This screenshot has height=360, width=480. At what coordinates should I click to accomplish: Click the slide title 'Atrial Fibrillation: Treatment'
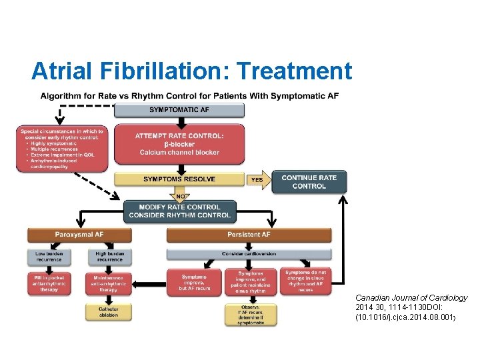pyautogui.click(x=191, y=70)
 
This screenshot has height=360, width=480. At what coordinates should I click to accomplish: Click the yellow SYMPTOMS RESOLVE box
pyautogui.click(x=179, y=179)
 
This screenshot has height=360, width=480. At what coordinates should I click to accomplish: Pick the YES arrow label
pyautogui.click(x=257, y=179)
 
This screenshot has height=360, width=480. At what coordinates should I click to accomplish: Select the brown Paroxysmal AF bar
pyautogui.click(x=79, y=235)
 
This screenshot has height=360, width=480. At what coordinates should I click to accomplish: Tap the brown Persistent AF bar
pyautogui.click(x=249, y=235)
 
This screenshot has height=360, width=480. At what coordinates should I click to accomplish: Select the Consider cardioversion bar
pyautogui.click(x=249, y=254)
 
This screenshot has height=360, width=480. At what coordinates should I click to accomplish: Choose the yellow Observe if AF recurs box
pyautogui.click(x=251, y=315)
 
